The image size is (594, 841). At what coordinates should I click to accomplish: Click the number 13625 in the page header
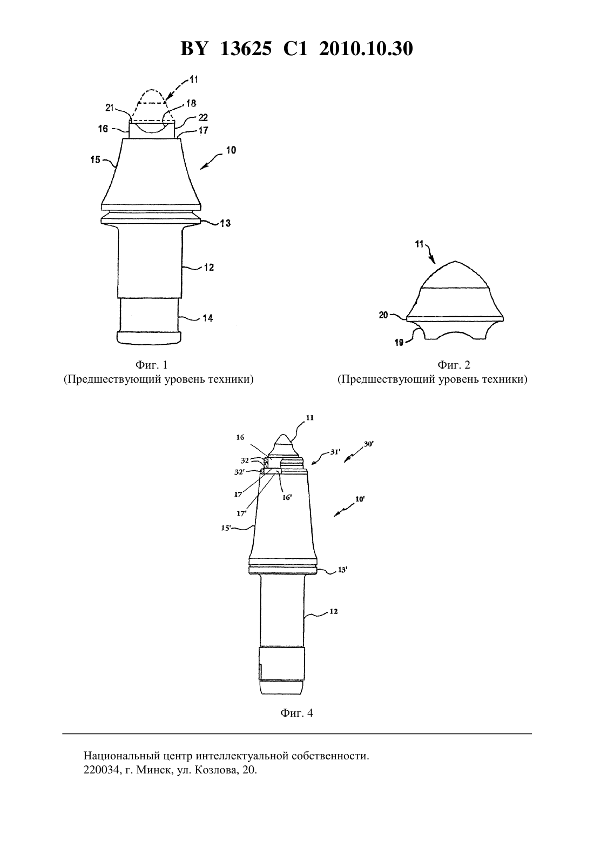point(246,49)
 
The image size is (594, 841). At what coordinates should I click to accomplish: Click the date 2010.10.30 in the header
point(366,49)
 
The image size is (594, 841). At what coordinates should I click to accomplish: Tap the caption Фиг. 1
point(151,364)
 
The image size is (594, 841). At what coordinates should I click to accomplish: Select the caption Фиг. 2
point(454,364)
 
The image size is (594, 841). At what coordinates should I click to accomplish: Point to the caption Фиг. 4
point(296,712)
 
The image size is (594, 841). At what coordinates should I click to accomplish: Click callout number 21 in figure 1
point(110,108)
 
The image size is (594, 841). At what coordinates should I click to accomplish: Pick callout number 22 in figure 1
point(203,117)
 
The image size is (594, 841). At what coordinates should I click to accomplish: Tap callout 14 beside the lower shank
point(207,318)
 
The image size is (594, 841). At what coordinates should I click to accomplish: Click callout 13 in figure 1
point(225,223)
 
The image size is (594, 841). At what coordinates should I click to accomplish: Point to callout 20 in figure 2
point(383,316)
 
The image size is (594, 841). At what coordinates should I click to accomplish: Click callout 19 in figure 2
point(399,343)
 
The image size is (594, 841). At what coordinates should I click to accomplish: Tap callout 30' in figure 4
point(369,444)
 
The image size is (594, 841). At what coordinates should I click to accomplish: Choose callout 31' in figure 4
point(335,452)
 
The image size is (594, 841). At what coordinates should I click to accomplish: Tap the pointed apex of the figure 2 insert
point(455,261)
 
